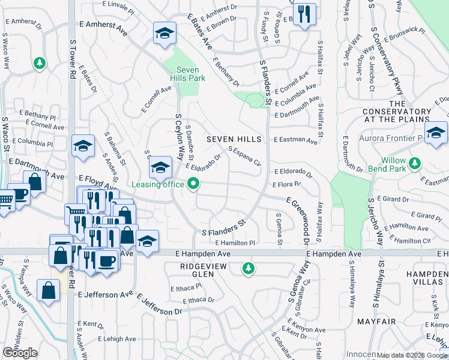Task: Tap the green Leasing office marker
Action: click(x=193, y=184)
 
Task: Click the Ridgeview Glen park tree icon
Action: click(x=247, y=268)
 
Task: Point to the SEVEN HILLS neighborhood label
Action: click(x=234, y=139)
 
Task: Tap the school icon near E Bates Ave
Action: click(x=164, y=34)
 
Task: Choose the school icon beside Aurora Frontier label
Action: click(x=436, y=133)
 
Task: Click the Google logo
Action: click(x=20, y=353)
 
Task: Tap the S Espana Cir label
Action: click(x=244, y=155)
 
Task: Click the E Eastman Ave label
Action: click(x=295, y=140)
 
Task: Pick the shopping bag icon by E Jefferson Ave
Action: click(x=48, y=291)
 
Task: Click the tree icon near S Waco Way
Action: click(x=39, y=63)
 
